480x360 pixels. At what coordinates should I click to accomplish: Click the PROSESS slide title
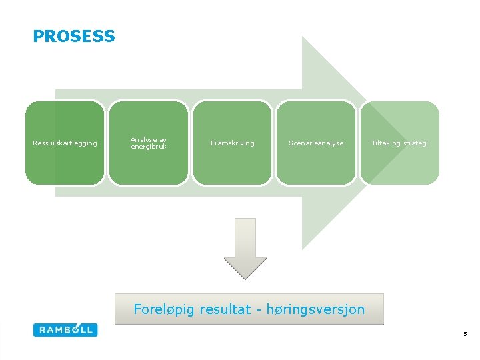pos(73,37)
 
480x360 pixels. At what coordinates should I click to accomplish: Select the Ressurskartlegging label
pos(65,143)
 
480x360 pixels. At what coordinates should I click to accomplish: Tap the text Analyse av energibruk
pos(149,143)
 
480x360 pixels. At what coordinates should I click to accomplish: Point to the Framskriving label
pos(232,143)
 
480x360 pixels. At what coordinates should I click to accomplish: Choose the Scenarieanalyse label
pos(316,143)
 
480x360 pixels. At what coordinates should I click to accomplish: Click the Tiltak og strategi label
pos(400,143)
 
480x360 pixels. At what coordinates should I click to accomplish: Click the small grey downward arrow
pos(245,249)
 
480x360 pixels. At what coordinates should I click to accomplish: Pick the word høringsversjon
pos(315,309)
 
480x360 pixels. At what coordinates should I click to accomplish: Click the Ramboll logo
pos(65,329)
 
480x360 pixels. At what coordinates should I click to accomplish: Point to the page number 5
pos(465,333)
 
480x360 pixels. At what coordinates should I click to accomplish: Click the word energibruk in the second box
pos(149,146)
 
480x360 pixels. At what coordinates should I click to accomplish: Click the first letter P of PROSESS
pos(38,37)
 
